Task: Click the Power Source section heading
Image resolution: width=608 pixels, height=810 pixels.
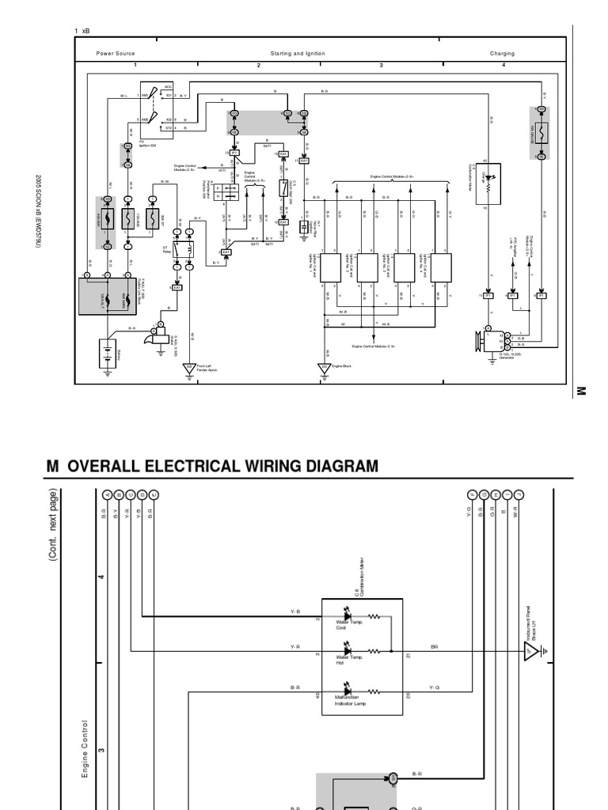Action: point(116,54)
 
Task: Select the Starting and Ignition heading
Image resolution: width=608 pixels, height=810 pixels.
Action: point(298,54)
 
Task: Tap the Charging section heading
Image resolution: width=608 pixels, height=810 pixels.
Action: point(502,54)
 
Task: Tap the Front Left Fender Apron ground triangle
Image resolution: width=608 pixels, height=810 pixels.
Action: point(189,369)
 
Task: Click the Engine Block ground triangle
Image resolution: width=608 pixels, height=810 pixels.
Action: point(324,369)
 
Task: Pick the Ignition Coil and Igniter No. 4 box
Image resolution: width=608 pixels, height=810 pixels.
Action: point(441,267)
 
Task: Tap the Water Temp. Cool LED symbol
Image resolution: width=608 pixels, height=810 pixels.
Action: point(345,615)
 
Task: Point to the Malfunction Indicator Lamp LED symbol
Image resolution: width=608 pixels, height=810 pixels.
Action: point(345,691)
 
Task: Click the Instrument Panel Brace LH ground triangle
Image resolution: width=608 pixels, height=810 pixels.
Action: point(530,651)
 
